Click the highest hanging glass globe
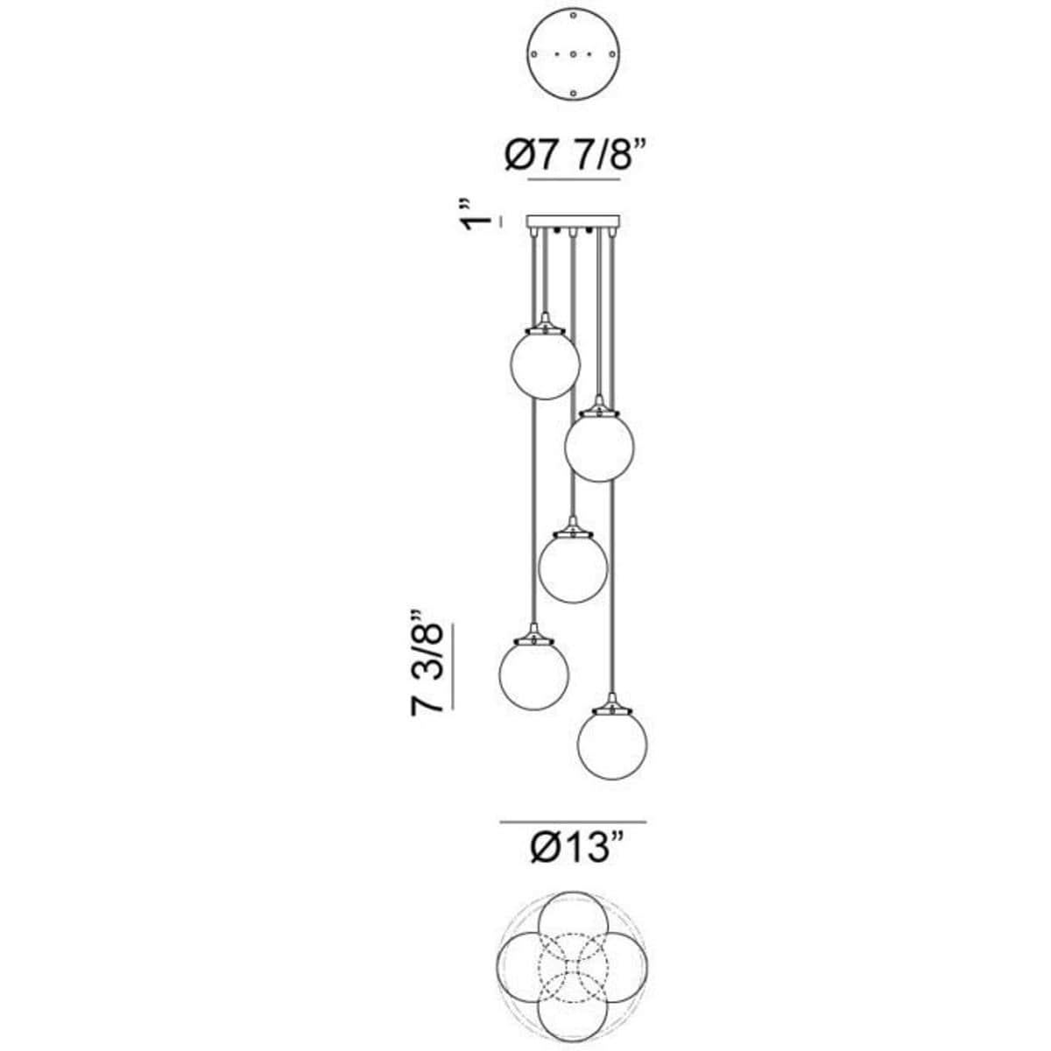pyautogui.click(x=546, y=364)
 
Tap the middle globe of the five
pyautogui.click(x=573, y=568)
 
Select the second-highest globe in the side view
pyautogui.click(x=599, y=447)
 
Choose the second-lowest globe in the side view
pyautogui.click(x=534, y=674)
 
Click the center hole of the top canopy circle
pyautogui.click(x=573, y=54)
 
